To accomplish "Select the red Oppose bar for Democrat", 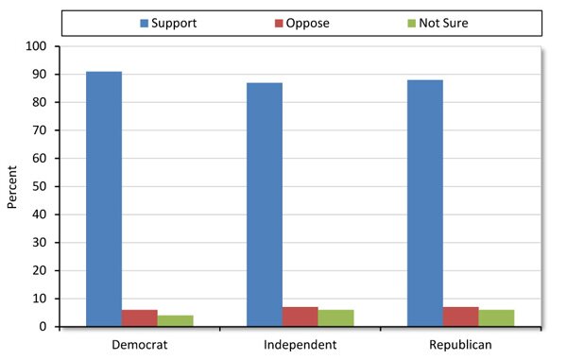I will [x=140, y=317].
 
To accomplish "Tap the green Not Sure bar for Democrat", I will [x=176, y=321].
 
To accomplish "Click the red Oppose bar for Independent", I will [x=301, y=317].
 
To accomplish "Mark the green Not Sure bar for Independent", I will [x=336, y=318].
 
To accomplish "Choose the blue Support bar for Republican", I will [x=425, y=203].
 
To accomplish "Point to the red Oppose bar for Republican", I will [x=461, y=317].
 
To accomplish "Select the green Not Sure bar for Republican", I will [x=496, y=318].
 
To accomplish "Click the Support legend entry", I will [x=165, y=23].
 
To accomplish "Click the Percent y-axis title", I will [x=12, y=186].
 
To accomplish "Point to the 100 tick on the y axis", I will [x=41, y=46].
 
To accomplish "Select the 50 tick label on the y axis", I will [x=44, y=186].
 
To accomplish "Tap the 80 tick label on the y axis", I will [x=44, y=102].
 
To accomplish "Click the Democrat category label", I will [x=140, y=344].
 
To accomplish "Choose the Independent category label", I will [x=301, y=344].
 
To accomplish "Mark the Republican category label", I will [x=460, y=344].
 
